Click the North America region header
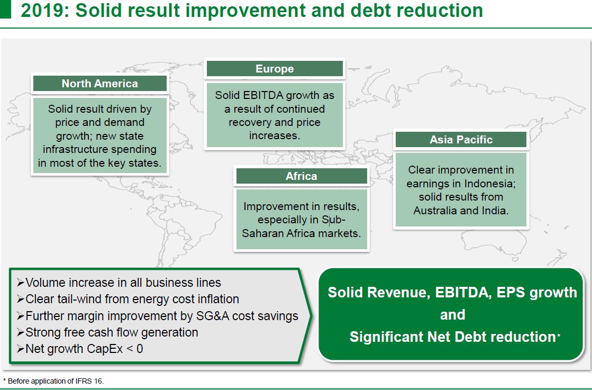(100, 84)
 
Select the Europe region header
(275, 69)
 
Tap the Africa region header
(301, 176)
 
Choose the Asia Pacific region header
(461, 140)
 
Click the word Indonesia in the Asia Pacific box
(490, 184)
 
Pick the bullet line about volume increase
(119, 283)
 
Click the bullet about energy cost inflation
(128, 299)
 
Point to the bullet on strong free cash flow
(107, 332)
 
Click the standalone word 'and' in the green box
(452, 315)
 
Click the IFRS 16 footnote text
(53, 381)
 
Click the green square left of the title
(5, 9)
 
